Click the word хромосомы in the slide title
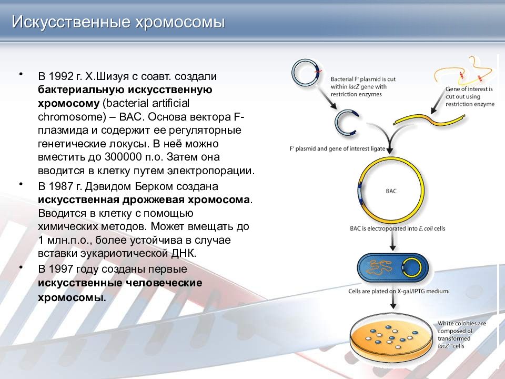[x=180, y=23]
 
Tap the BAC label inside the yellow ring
[x=391, y=191]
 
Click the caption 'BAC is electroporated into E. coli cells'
[x=398, y=228]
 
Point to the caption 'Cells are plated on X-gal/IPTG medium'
[x=398, y=291]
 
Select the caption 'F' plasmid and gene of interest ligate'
[x=338, y=148]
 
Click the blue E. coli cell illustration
[x=393, y=268]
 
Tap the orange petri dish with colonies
[x=391, y=336]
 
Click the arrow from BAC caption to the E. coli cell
[x=392, y=242]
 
